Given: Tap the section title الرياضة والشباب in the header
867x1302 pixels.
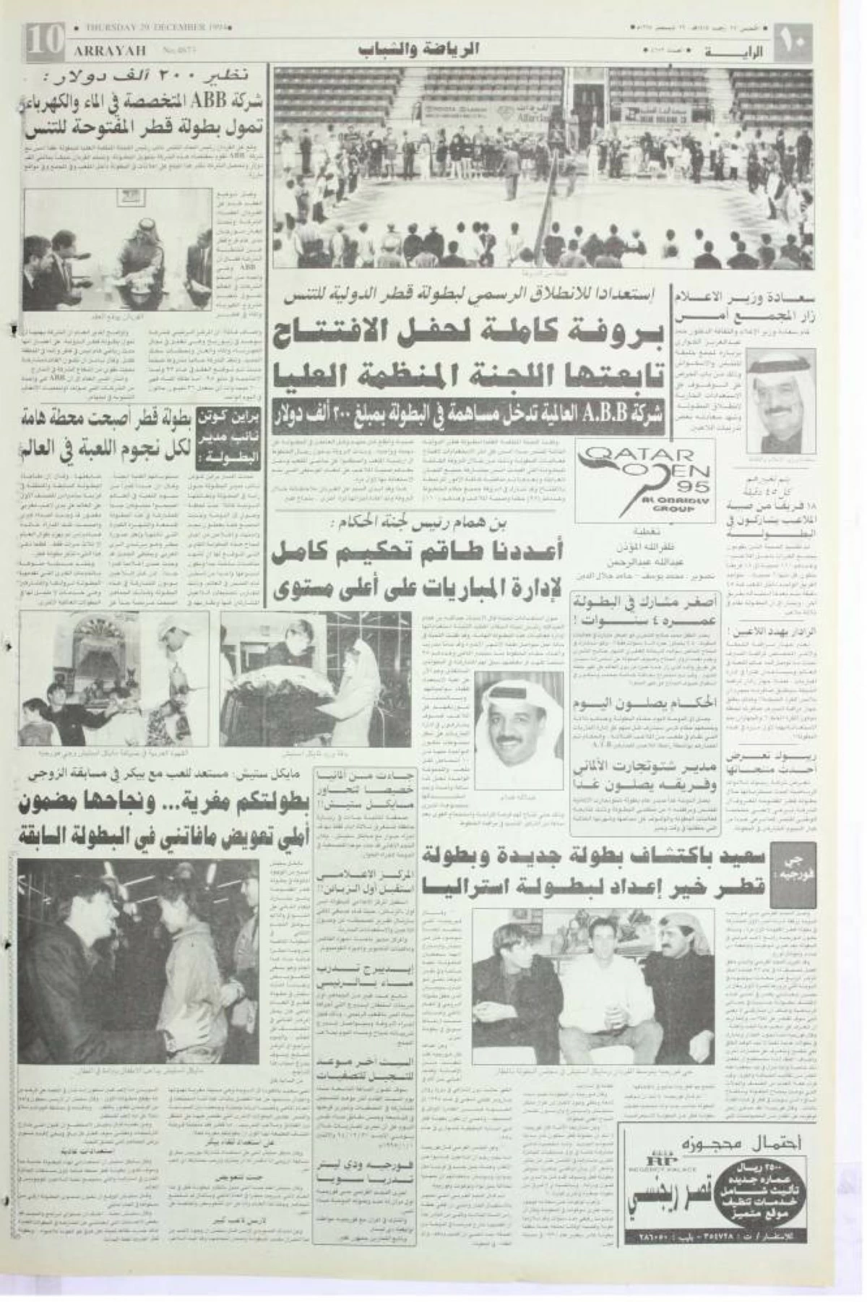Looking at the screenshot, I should (419, 51).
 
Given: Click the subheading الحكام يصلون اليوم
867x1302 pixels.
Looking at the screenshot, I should (621, 703).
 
